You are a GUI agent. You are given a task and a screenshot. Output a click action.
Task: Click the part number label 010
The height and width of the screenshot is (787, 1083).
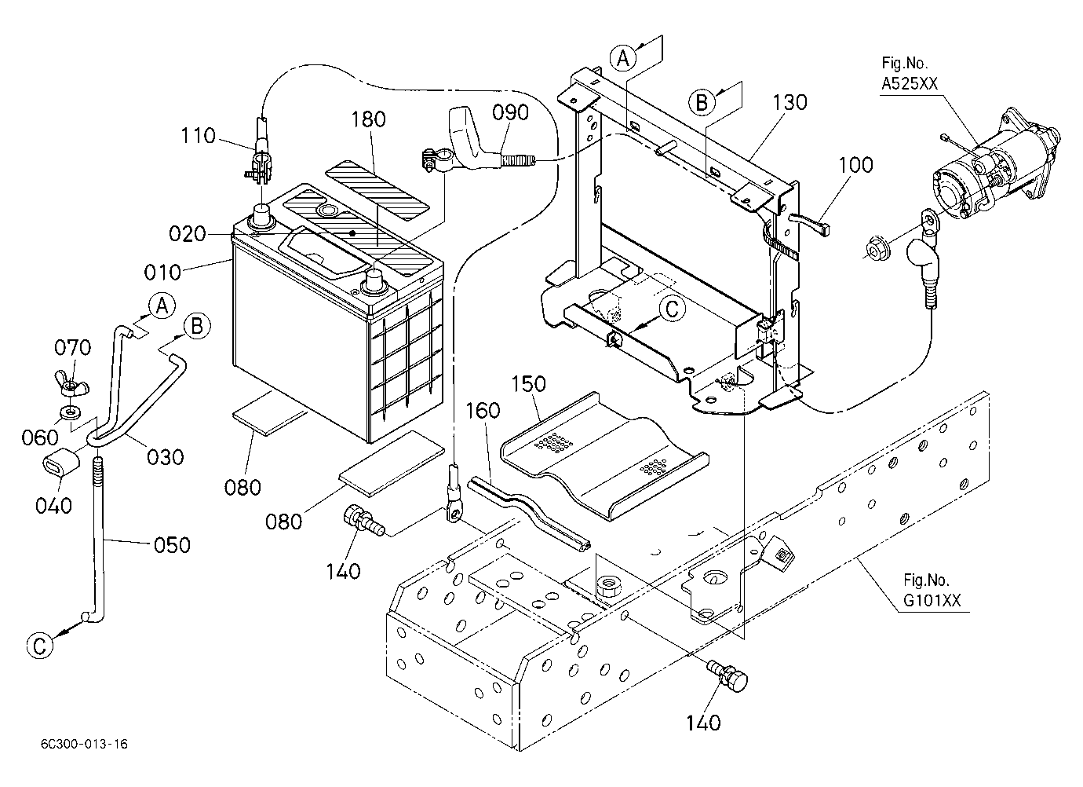[x=162, y=273]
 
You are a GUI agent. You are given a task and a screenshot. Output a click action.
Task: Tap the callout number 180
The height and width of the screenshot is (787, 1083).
[x=368, y=119]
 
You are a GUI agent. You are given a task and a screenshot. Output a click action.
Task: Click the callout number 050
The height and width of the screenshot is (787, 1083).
[x=172, y=545]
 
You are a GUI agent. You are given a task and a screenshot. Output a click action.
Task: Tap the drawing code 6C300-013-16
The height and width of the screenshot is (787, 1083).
[x=84, y=744]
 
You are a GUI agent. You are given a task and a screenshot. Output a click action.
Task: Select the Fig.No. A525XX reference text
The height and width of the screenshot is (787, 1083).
[x=909, y=73]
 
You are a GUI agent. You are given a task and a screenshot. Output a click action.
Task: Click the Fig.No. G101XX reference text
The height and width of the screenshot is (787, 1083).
[x=932, y=591]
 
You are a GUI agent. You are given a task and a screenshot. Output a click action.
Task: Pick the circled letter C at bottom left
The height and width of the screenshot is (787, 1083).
[x=40, y=646]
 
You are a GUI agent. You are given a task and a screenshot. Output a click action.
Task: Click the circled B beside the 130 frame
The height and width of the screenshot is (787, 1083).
[x=701, y=103]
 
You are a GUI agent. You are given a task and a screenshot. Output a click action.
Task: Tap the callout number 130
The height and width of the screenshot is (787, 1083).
[x=789, y=103]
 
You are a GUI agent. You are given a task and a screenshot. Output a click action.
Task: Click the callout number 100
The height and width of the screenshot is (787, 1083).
[x=855, y=165]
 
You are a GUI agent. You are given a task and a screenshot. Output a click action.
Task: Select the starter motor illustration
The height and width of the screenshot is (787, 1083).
[x=994, y=165]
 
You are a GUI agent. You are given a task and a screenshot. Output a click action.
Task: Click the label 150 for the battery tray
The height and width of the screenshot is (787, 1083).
[x=528, y=384]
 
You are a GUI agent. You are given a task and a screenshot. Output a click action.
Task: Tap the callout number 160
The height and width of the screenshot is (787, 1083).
[x=483, y=411]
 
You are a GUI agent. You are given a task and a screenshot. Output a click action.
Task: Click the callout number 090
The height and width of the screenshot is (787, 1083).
[x=511, y=112]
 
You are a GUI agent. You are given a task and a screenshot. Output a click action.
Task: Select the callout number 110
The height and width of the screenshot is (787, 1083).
[x=199, y=136]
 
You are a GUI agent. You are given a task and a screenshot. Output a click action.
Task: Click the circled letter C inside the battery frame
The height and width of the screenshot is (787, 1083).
[x=672, y=309]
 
